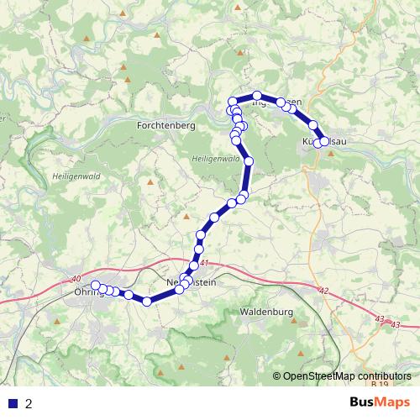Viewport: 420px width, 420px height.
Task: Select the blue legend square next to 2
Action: tap(13, 403)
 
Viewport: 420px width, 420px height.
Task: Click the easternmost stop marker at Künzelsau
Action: tap(324, 142)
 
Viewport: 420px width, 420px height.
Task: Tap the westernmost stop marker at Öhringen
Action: tap(96, 285)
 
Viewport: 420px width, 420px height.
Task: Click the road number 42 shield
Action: tap(325, 291)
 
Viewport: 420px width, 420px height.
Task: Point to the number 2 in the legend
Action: tap(29, 403)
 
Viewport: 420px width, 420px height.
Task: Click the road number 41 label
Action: tap(204, 263)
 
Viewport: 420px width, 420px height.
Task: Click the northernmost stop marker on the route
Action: tap(258, 96)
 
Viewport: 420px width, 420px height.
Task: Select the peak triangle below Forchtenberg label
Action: tap(150, 181)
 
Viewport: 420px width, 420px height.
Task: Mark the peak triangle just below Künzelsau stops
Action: tap(329, 154)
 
